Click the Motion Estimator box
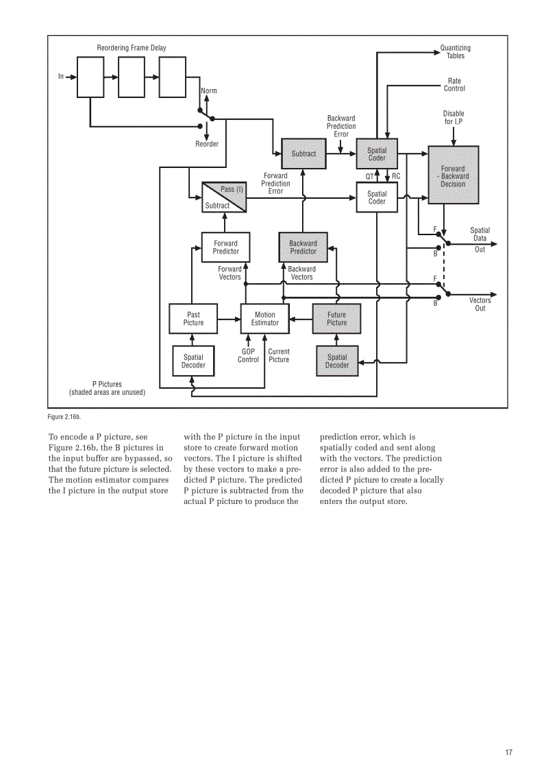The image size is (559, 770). pos(264,319)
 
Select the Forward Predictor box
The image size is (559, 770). pos(225,247)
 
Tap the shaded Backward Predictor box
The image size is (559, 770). pos(303,247)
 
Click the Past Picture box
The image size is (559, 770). pos(193,319)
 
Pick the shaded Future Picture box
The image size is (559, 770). pos(336,319)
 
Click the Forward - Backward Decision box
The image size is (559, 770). pos(453,176)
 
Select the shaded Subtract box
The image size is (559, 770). pos(303,154)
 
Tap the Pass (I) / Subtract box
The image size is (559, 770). pos(224,197)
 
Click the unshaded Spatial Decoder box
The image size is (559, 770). pos(193,361)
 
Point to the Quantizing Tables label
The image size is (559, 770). pos(455,52)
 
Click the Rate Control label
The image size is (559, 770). pos(454,84)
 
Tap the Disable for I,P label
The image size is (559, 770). pos(453,117)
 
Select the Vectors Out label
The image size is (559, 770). pos(480,304)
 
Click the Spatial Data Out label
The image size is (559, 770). pos(480,239)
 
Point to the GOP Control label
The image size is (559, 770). pos(248,355)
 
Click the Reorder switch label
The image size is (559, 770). pos(207,144)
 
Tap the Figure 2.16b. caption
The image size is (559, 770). pos(64,416)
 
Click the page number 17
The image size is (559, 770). pos(508,753)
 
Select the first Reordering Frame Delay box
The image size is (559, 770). pos(89,77)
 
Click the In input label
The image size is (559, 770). pos(60,76)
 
